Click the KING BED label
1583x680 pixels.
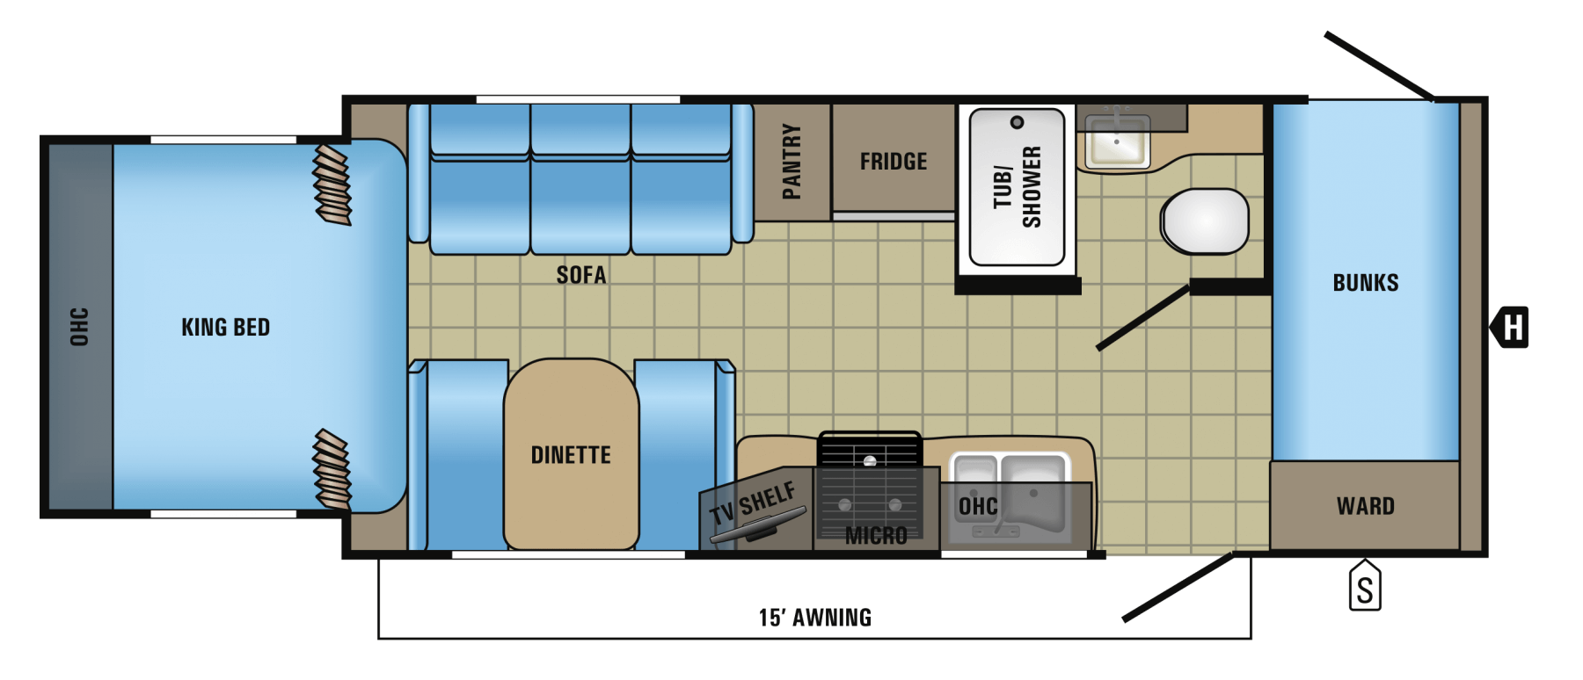pos(225,328)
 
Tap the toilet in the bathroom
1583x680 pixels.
pos(1204,221)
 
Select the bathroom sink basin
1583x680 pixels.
pos(1117,141)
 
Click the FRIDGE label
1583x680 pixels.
pos(894,162)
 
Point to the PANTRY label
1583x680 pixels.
pos(791,162)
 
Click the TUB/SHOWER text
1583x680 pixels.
pos(1018,187)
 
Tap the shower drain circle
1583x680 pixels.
pos(1018,122)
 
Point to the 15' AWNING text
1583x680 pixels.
pos(815,618)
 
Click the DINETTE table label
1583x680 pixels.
pos(571,455)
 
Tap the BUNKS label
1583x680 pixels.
pos(1366,283)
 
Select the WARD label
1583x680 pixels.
pos(1366,506)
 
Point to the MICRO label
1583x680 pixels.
pos(876,535)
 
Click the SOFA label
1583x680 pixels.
pos(581,275)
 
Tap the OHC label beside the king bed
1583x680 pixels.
pos(79,327)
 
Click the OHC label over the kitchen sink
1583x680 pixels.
pos(978,506)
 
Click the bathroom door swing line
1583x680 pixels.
pos(1143,318)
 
